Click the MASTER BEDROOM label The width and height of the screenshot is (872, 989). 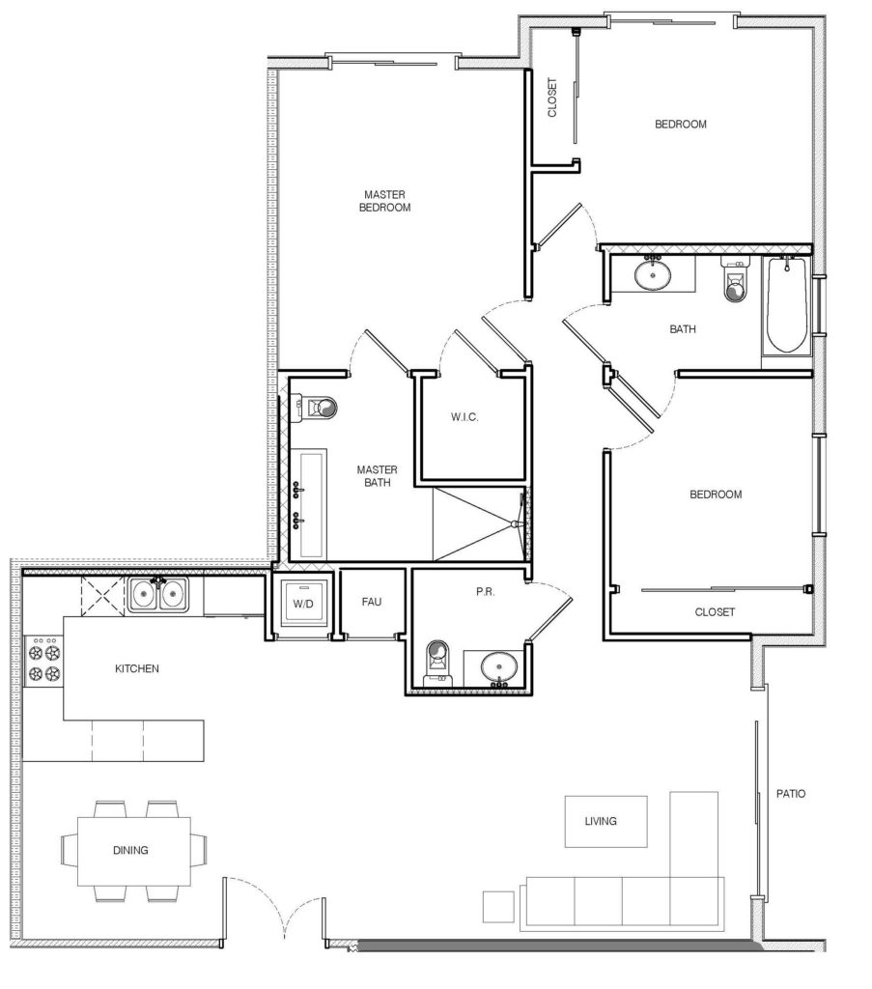pos(384,201)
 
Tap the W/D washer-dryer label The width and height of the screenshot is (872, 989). pos(303,604)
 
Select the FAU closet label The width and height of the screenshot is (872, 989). pos(371,602)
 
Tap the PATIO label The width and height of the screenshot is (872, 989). pos(791,794)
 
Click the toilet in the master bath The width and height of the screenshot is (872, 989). pos(318,409)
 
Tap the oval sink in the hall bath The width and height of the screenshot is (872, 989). pos(653,274)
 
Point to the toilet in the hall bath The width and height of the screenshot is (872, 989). pos(736,283)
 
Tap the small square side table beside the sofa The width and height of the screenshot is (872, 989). pos(498,907)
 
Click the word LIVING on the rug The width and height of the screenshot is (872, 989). pos(601,822)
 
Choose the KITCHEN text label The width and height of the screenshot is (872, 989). pos(137,668)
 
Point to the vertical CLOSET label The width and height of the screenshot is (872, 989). pos(553,98)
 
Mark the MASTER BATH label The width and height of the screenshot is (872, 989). pos(372,476)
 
